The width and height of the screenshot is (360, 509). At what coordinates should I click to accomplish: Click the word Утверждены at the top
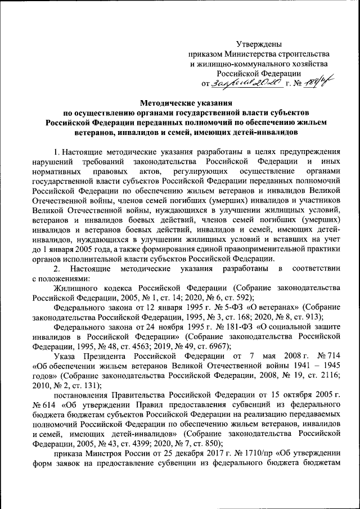pyautogui.click(x=258, y=43)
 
